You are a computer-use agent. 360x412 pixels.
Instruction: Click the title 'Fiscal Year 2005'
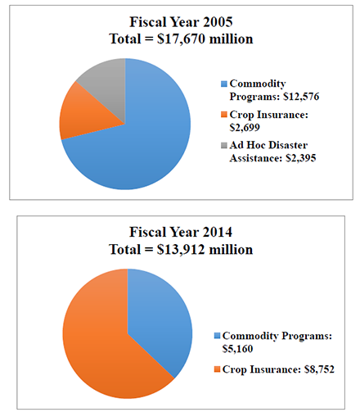[x=181, y=22]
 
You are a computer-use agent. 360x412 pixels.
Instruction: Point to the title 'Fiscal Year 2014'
[x=181, y=232]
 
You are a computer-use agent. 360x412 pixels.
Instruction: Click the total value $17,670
[x=181, y=38]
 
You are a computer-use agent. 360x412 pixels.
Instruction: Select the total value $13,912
[x=181, y=250]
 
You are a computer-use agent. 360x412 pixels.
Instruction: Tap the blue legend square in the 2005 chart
[x=224, y=84]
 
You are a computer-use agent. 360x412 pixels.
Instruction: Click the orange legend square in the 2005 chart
[x=224, y=115]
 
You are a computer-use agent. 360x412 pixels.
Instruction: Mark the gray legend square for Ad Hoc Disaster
[x=224, y=145]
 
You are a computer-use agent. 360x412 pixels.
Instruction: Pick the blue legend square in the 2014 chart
[x=217, y=336]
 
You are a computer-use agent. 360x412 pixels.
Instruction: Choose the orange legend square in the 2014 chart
[x=217, y=369]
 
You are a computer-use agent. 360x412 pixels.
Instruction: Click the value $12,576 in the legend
[x=301, y=97]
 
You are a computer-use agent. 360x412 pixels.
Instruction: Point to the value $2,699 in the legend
[x=245, y=128]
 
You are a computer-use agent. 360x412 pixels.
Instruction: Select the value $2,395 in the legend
[x=301, y=158]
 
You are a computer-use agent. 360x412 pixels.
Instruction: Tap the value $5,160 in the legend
[x=237, y=349]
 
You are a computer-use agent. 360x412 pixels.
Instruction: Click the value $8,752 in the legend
[x=319, y=369]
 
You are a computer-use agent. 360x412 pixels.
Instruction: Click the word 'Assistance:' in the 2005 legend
[x=256, y=158]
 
